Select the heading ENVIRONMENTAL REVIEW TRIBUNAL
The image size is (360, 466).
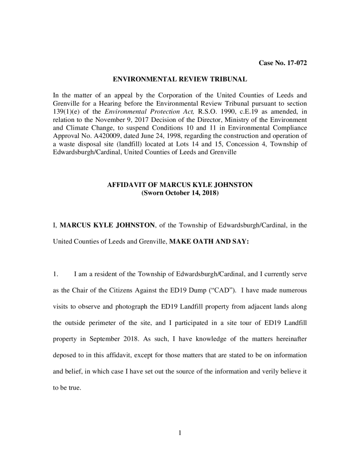180,79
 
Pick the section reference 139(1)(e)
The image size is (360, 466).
68,111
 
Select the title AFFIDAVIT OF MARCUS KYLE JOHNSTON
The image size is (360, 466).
180,185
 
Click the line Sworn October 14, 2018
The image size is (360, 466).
180,193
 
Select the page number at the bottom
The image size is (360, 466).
180,433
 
